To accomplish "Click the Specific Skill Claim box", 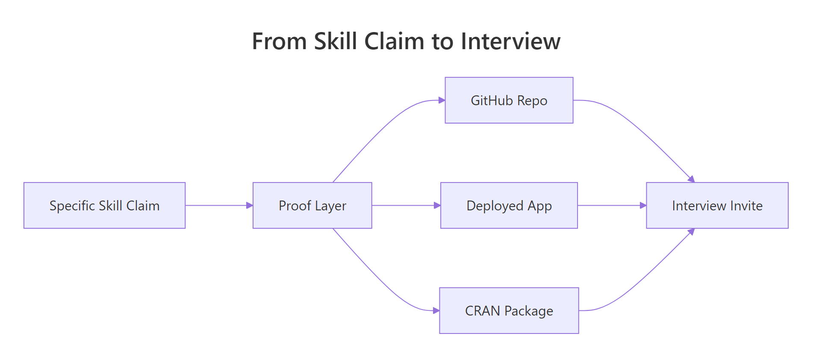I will (104, 205).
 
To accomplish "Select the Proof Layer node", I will (312, 205).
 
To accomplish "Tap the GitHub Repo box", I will (509, 100).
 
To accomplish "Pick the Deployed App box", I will (509, 205).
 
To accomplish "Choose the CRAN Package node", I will (509, 310).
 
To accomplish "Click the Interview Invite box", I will (717, 205).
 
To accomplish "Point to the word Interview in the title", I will (510, 41).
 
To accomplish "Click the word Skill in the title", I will (335, 41).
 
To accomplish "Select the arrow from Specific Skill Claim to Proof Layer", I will (218, 205).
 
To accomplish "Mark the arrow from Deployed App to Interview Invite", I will (611, 205).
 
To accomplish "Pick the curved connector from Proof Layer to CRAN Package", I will (376, 278).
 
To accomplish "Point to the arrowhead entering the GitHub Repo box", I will (442, 100).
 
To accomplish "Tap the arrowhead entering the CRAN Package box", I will (436, 310).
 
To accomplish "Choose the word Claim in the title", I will (394, 41).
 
